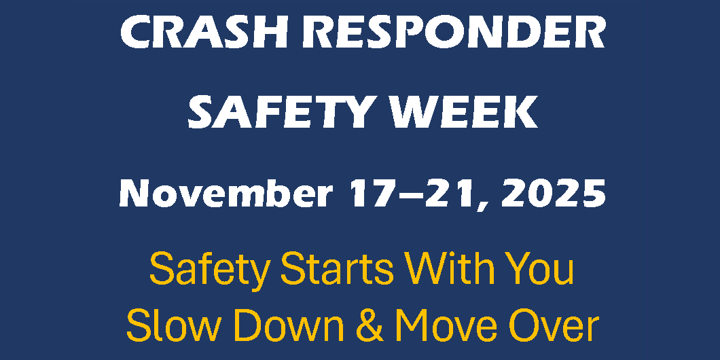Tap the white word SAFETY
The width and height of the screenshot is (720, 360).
pos(278,113)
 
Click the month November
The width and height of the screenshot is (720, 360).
pos(226,194)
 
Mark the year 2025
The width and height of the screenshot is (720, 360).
pos(554,194)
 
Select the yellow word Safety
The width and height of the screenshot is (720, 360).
pos(209,270)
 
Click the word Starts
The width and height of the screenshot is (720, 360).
pos(337,270)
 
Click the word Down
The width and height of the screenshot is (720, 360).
pos(287,325)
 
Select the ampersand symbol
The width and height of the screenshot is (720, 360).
pos(370,325)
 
